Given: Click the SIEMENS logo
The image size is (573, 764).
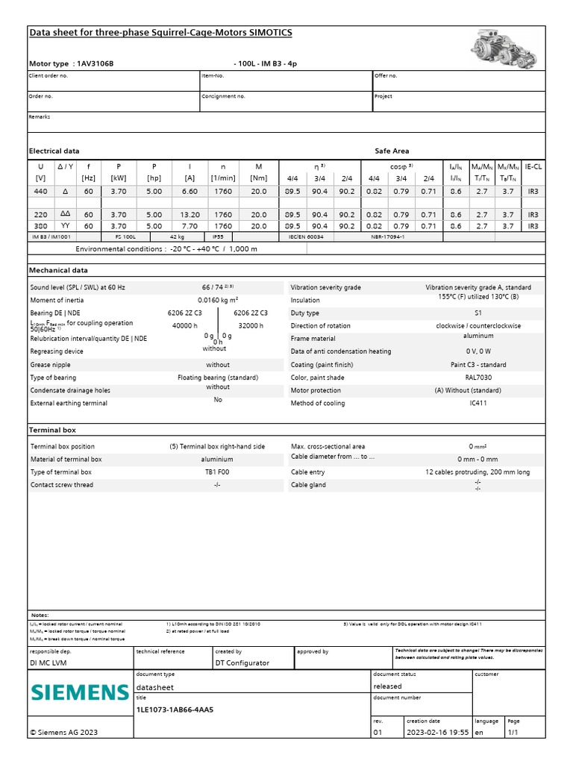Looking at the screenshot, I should pos(80,692).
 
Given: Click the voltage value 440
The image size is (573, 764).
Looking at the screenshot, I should pos(40,192).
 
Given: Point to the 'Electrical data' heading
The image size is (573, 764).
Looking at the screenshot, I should pos(54,151).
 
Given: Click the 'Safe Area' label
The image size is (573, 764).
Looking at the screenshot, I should pos(392,151).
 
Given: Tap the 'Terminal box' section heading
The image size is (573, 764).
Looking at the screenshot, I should pos(52,430).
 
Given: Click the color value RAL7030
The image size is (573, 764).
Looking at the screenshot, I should pos(477,378).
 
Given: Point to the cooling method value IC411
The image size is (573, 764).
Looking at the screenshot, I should pos(477,403).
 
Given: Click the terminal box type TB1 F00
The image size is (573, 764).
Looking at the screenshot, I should pos(217,472).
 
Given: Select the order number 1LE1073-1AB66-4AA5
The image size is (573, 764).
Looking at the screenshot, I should pos(175,710).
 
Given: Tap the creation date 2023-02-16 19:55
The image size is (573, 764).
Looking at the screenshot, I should pos(437,733).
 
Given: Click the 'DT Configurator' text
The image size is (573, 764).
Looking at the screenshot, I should pos(242,663).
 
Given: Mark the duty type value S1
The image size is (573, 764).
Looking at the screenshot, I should pos(478,313).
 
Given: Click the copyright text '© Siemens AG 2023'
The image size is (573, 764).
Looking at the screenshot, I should pos(63,733).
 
